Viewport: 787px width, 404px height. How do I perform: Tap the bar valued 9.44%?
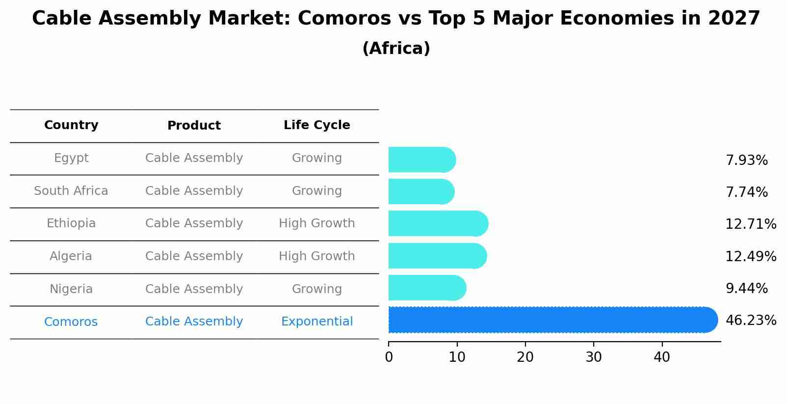click(x=426, y=288)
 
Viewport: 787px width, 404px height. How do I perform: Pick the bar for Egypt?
click(x=421, y=160)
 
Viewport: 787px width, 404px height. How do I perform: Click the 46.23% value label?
click(x=751, y=321)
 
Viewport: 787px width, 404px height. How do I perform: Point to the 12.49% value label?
click(x=751, y=256)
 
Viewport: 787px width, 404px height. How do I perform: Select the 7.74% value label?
click(x=746, y=192)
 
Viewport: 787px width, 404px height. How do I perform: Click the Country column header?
click(x=71, y=125)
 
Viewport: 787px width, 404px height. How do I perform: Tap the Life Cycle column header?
click(x=316, y=125)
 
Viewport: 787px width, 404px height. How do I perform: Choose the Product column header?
click(x=194, y=126)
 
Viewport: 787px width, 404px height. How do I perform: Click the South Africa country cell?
click(x=71, y=191)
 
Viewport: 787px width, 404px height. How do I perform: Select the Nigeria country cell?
click(x=71, y=289)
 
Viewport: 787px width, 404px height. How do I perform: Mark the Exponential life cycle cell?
click(x=316, y=322)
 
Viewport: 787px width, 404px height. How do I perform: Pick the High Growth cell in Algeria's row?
click(x=316, y=256)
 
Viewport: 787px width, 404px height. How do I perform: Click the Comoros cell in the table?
click(x=71, y=322)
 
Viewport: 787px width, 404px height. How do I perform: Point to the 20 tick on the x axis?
click(x=525, y=357)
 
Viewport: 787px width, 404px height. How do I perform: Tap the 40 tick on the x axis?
click(x=661, y=357)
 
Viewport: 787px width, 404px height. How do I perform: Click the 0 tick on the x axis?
click(x=389, y=357)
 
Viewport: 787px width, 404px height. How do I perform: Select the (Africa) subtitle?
click(x=396, y=49)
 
